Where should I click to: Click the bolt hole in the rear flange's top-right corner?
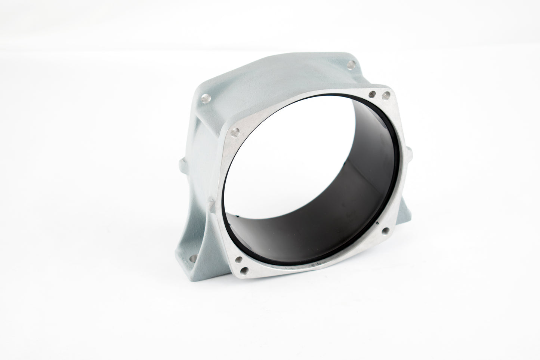350,64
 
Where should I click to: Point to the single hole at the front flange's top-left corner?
234,131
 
